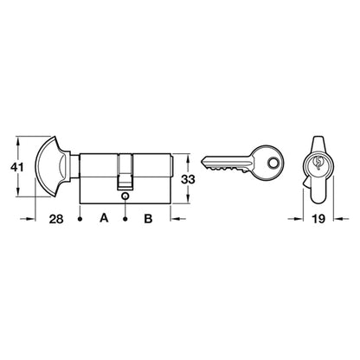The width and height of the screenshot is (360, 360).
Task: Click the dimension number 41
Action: tap(16, 167)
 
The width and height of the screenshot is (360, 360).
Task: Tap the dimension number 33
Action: tap(188, 179)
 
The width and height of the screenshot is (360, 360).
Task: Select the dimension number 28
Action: tap(56, 219)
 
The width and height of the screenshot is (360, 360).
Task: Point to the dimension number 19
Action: tap(318, 219)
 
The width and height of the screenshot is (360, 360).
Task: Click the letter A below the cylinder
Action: tap(104, 218)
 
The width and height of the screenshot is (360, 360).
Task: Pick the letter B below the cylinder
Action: tap(148, 218)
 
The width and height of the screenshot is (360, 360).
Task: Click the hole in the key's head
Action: tap(272, 163)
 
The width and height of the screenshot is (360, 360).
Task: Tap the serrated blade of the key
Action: tap(227, 164)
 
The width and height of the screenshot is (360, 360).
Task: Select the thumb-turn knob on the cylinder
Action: tap(54, 166)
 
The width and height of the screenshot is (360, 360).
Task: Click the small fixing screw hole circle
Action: tap(125, 196)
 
